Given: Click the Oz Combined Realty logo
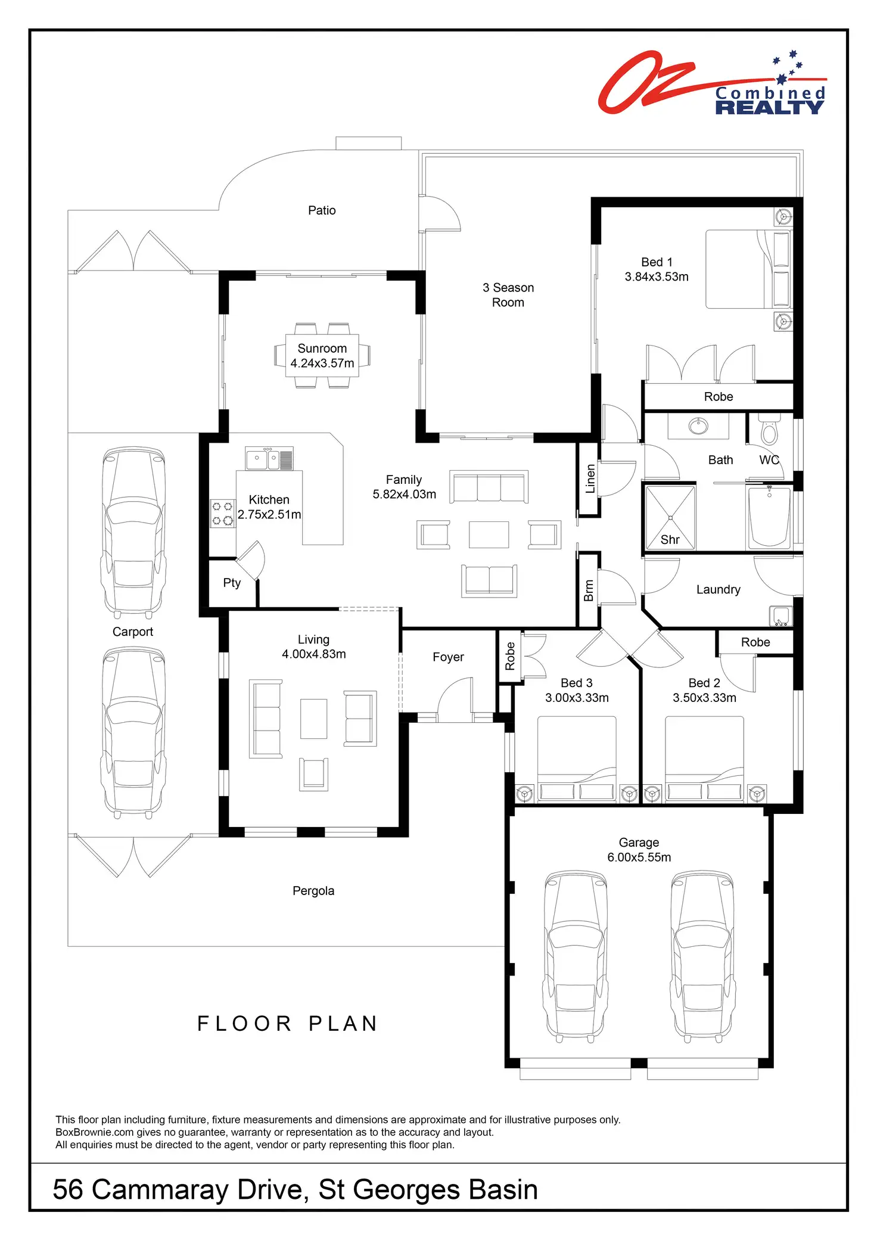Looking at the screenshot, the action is pyautogui.click(x=712, y=83).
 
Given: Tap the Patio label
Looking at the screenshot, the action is pyautogui.click(x=322, y=210).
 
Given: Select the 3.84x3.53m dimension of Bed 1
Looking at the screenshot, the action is pyautogui.click(x=657, y=277).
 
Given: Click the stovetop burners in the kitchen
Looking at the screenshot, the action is pyautogui.click(x=223, y=514).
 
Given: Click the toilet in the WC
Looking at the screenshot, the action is pyautogui.click(x=770, y=431).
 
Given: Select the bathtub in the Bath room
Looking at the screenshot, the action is pyautogui.click(x=769, y=517).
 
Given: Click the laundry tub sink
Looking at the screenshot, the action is pyautogui.click(x=780, y=616).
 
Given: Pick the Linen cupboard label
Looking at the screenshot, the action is pyautogui.click(x=590, y=478).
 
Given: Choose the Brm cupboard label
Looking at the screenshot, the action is pyautogui.click(x=589, y=590).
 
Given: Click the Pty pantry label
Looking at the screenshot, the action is pyautogui.click(x=232, y=583).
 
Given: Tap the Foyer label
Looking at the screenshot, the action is pyautogui.click(x=448, y=657).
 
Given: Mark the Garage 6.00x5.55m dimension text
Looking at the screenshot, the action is pyautogui.click(x=639, y=857).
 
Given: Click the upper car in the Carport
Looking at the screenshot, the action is pyautogui.click(x=133, y=532).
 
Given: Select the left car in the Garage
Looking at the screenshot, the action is pyautogui.click(x=576, y=956).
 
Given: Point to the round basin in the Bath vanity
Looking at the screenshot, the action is pyautogui.click(x=698, y=425).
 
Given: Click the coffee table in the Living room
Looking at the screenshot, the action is pyautogui.click(x=313, y=719).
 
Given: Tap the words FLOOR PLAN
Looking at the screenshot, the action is pyautogui.click(x=288, y=1024).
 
